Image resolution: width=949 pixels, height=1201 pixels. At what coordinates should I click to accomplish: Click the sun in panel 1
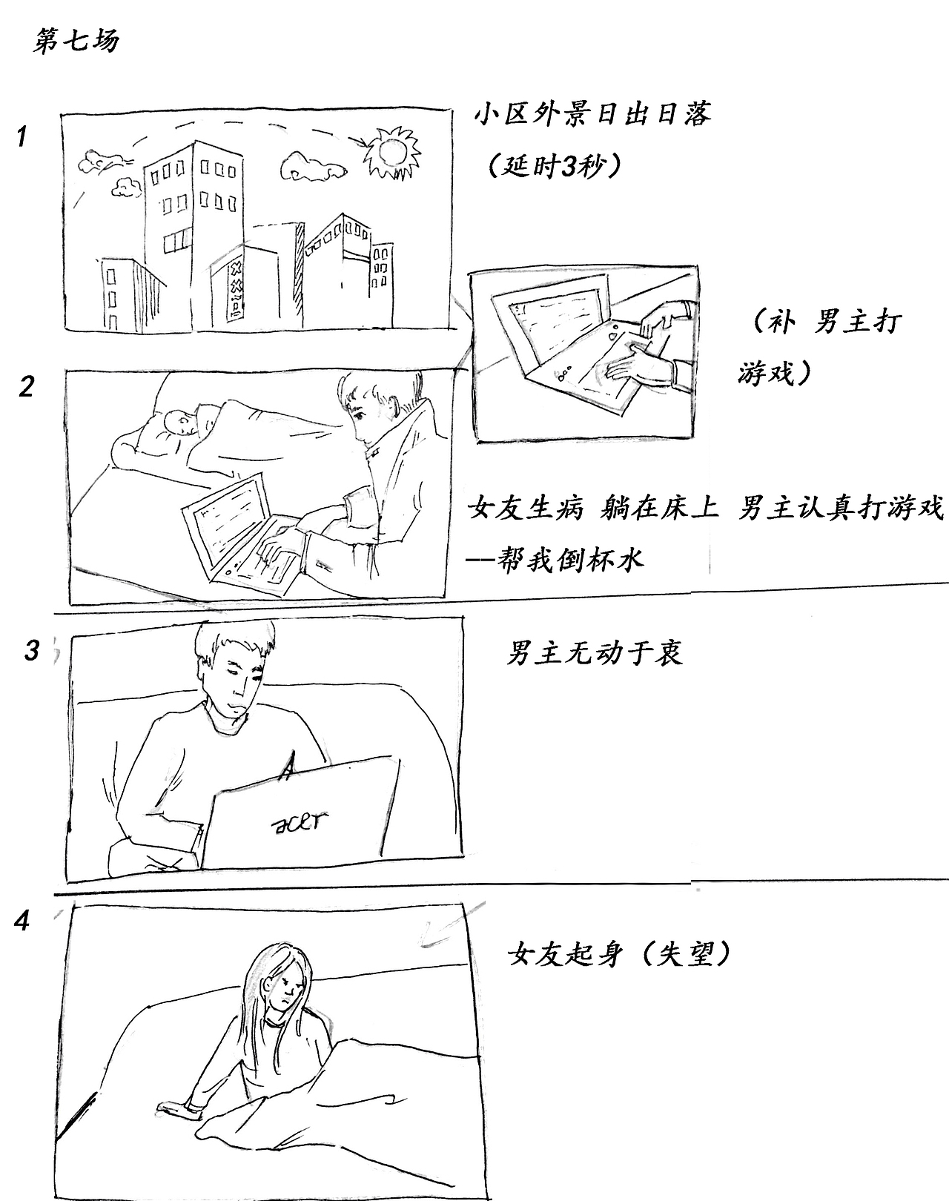pyautogui.click(x=391, y=153)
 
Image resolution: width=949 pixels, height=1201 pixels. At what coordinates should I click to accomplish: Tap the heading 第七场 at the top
pyautogui.click(x=76, y=42)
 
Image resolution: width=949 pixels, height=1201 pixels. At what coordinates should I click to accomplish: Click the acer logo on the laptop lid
pyautogui.click(x=300, y=820)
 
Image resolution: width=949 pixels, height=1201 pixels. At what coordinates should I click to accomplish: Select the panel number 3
pyautogui.click(x=31, y=650)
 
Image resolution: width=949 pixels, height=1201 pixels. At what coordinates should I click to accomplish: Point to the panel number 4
pyautogui.click(x=23, y=922)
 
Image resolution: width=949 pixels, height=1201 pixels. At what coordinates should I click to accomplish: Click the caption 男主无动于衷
pyautogui.click(x=594, y=653)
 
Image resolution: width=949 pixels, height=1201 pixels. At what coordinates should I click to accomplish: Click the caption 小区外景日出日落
pyautogui.click(x=592, y=115)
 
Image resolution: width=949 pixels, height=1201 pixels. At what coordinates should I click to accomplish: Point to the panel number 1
pyautogui.click(x=22, y=136)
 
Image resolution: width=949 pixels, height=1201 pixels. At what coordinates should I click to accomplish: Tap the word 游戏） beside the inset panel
pyautogui.click(x=776, y=372)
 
